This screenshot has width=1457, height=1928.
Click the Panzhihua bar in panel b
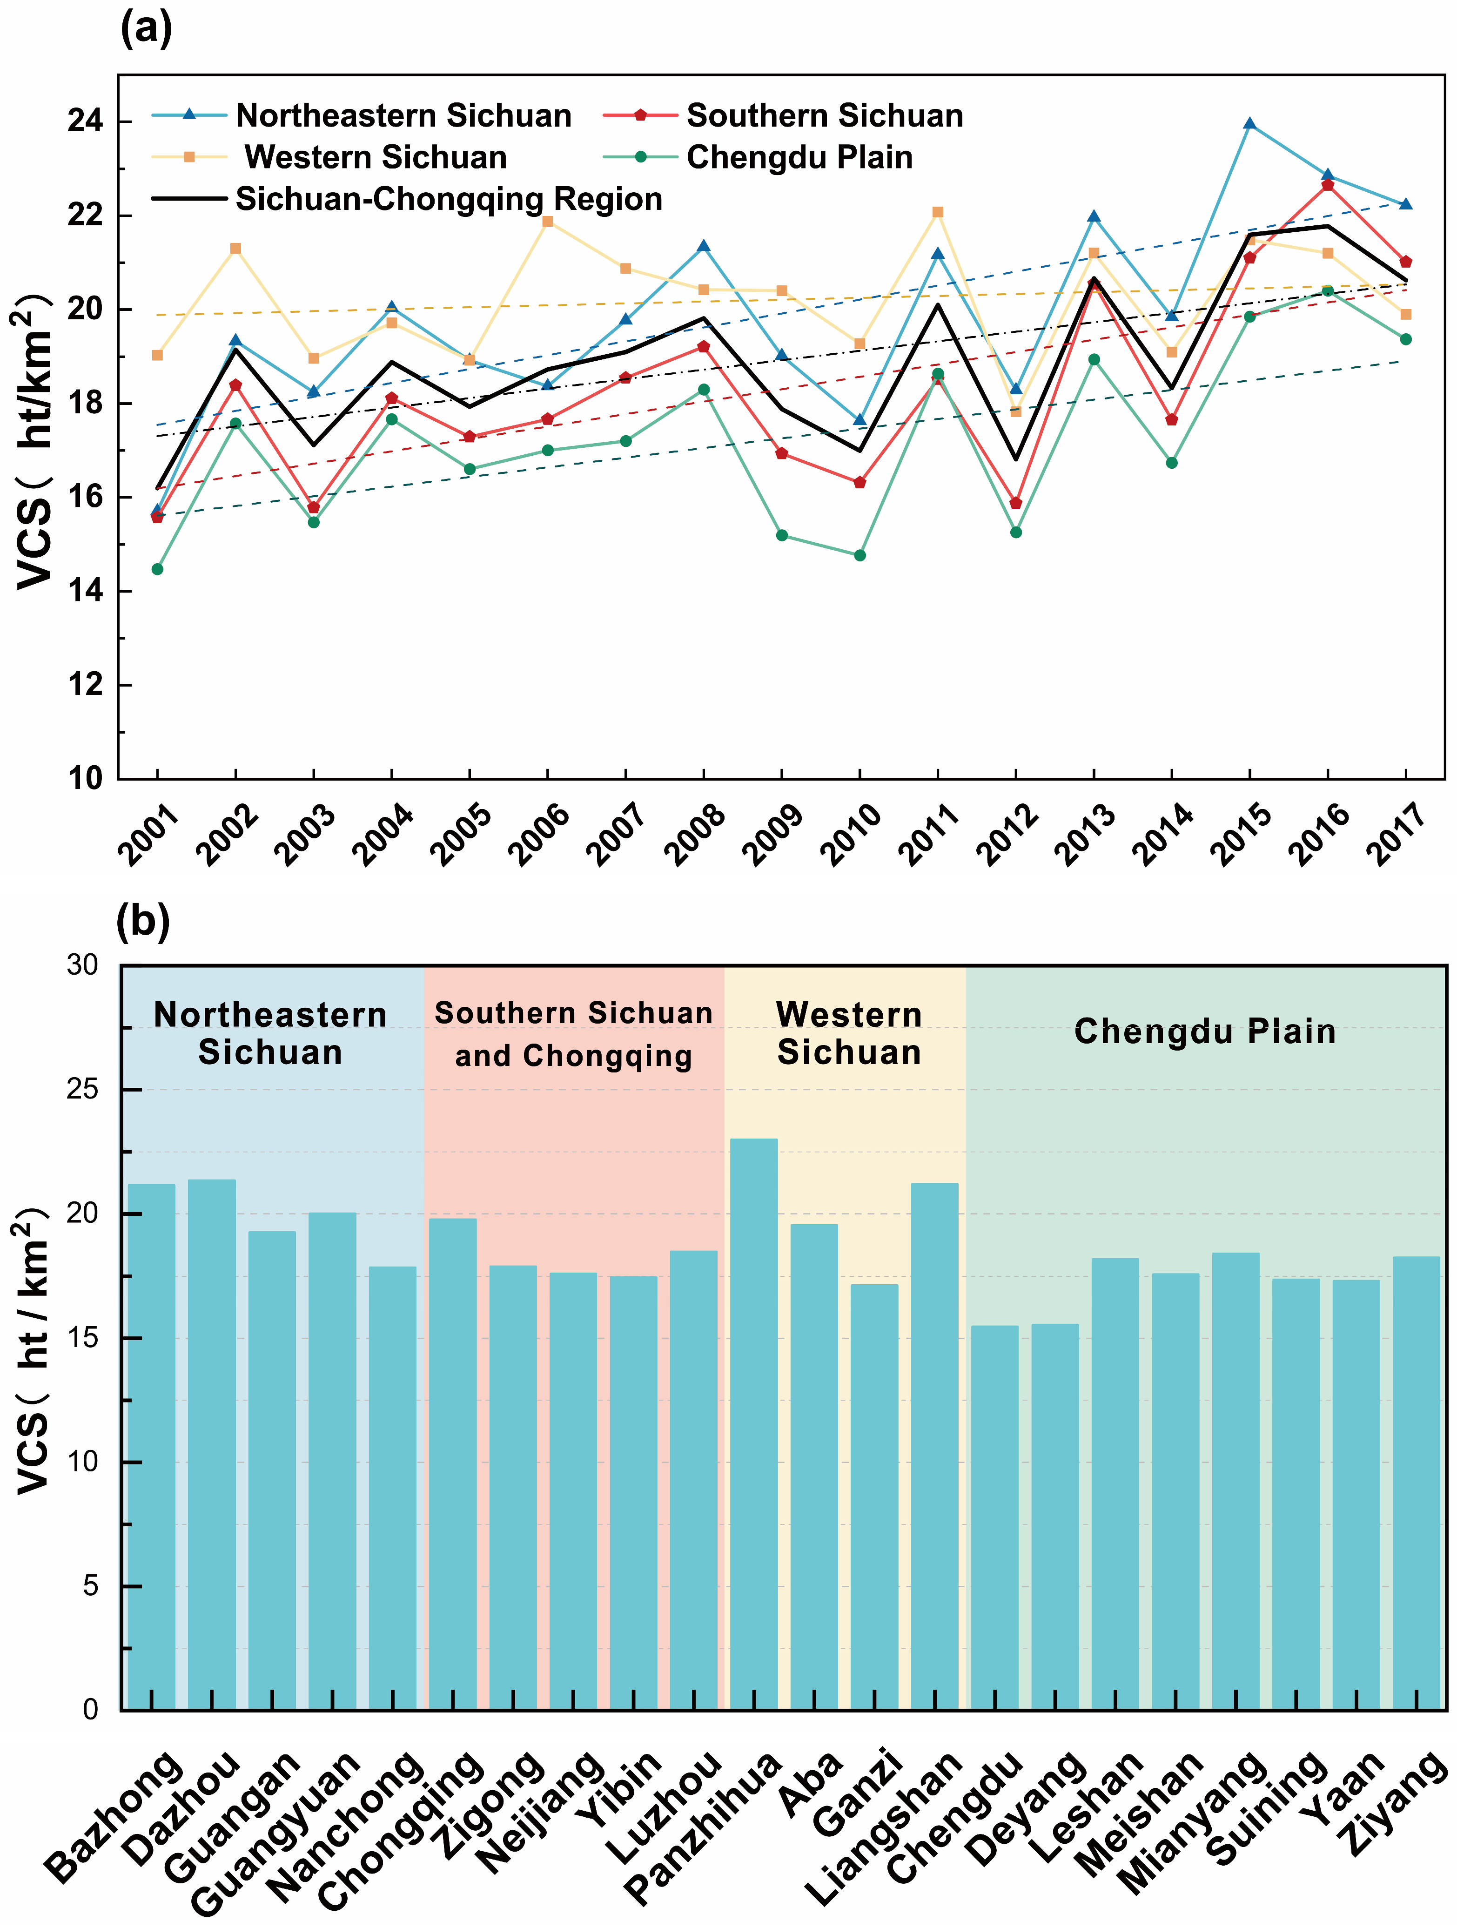(754, 1423)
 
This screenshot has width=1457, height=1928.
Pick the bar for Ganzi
(874, 1497)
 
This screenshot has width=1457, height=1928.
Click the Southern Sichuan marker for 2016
(1327, 185)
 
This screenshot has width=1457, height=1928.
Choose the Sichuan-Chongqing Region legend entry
(407, 199)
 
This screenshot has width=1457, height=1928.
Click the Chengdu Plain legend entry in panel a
(758, 157)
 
